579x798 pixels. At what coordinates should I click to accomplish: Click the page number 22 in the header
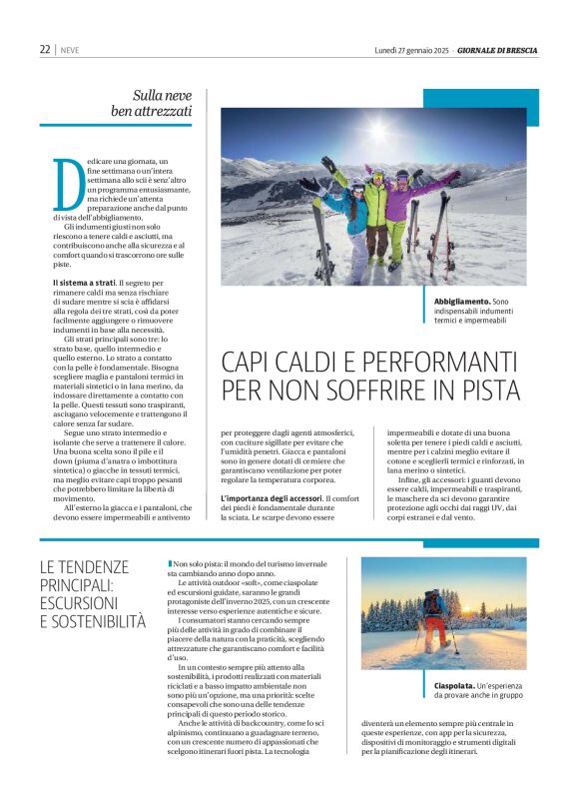coord(45,49)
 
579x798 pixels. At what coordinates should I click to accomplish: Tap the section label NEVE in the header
coord(70,50)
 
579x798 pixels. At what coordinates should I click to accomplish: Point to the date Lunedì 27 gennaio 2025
coord(411,49)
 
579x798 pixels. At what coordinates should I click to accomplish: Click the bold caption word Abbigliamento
coord(462,301)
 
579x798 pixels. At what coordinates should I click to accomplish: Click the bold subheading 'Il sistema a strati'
coord(85,284)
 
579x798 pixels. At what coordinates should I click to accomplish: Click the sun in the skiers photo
coord(377,129)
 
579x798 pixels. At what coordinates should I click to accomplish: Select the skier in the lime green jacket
coord(377,205)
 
